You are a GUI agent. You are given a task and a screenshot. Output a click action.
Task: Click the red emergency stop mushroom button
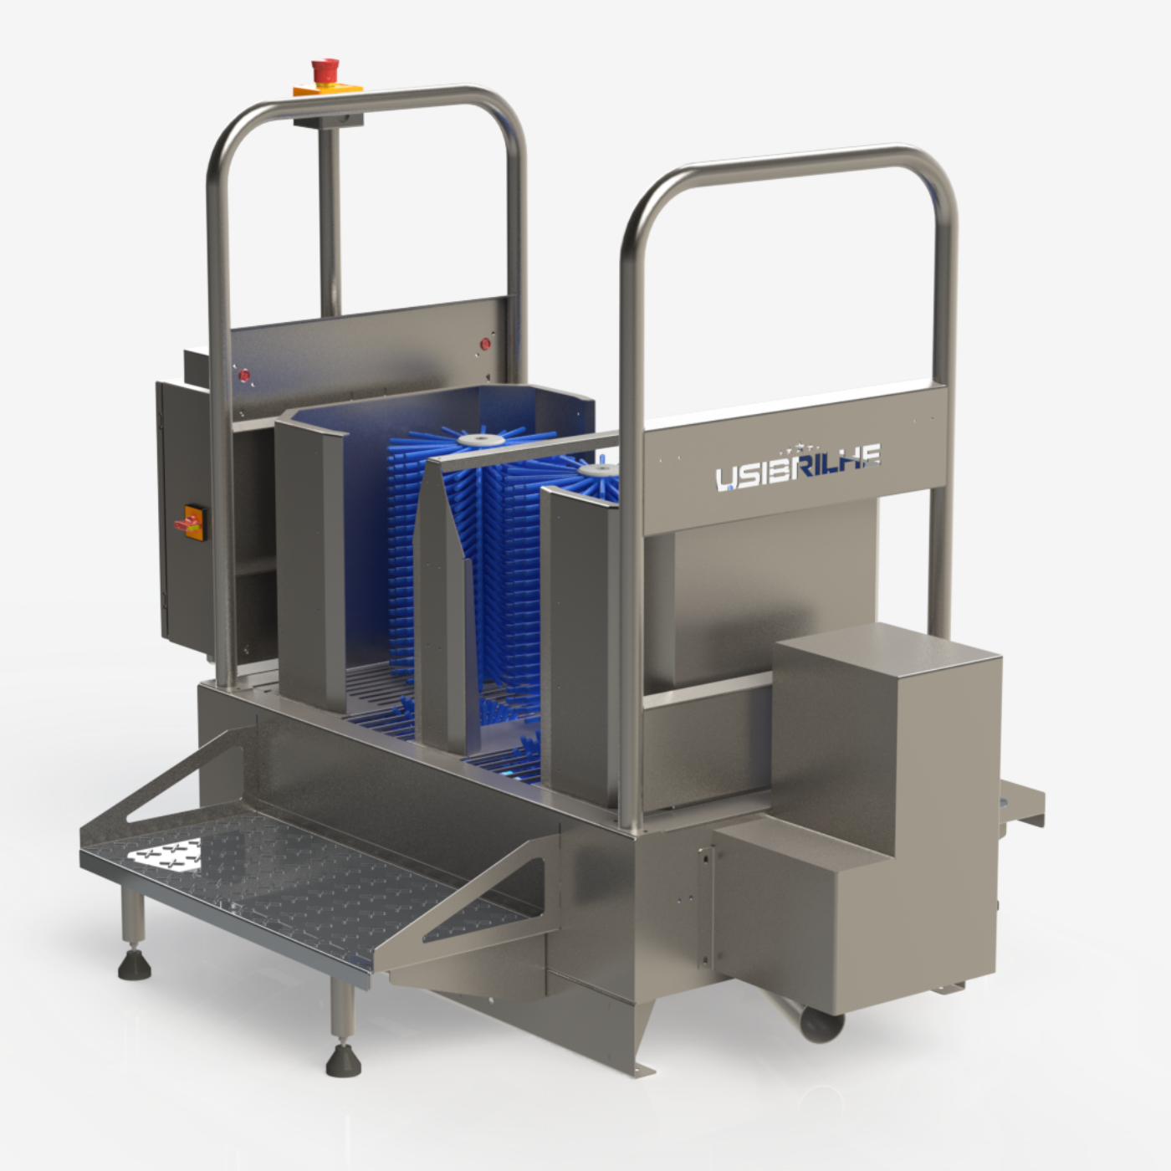(325, 69)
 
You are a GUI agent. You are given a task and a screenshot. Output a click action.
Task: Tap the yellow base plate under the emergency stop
(328, 90)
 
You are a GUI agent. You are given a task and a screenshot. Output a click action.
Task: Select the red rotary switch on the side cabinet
(190, 523)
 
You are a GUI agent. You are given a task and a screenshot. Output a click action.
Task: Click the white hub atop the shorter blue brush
(601, 470)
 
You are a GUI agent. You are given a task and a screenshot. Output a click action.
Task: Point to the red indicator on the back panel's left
(244, 376)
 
